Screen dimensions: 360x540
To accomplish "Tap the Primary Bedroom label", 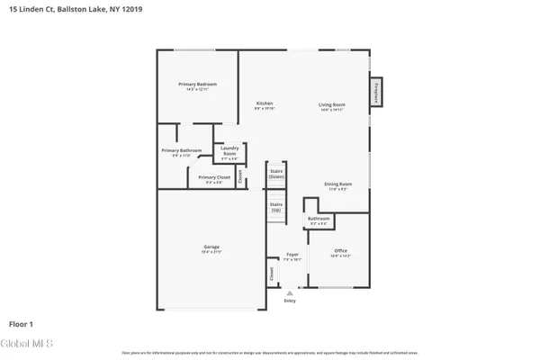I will point(197,85).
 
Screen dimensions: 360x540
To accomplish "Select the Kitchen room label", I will point(265,104).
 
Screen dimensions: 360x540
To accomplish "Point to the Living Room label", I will point(332,104).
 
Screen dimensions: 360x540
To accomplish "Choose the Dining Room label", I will point(338,184).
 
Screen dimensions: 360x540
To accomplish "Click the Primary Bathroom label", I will point(181,151).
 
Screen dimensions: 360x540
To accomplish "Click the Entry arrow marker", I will point(289,292).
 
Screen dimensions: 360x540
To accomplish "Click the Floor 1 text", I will point(22,322).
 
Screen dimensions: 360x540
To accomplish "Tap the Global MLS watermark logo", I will point(28,343).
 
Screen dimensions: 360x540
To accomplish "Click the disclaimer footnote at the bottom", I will point(270,353).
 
